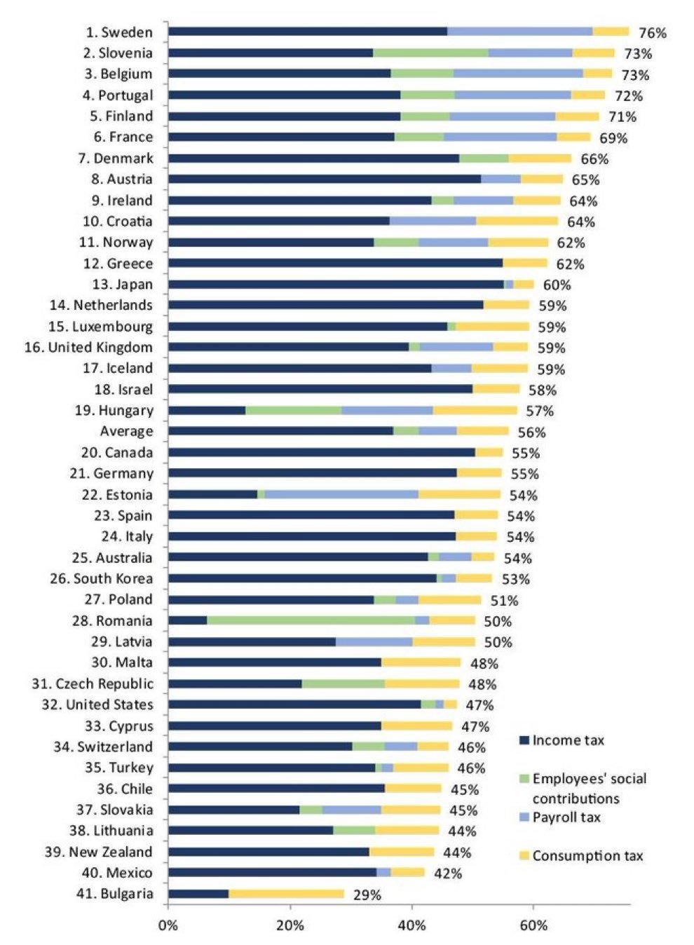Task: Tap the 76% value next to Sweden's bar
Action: click(652, 33)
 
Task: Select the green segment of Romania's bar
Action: click(311, 620)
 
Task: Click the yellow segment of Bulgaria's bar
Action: click(286, 894)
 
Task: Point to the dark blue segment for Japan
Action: click(336, 284)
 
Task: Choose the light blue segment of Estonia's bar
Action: click(341, 494)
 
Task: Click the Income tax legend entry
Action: click(567, 740)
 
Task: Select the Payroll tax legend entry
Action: click(566, 817)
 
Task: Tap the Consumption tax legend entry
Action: click(587, 856)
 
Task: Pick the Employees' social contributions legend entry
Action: click(588, 788)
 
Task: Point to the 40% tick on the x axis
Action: click(412, 925)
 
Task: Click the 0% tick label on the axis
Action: click(168, 925)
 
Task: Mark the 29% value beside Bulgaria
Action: click(367, 895)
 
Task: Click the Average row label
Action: click(126, 431)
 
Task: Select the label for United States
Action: click(97, 705)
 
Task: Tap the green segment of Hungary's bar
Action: click(293, 410)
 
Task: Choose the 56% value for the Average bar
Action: click(531, 433)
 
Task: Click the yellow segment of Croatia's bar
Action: click(517, 221)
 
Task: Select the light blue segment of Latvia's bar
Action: click(374, 641)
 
